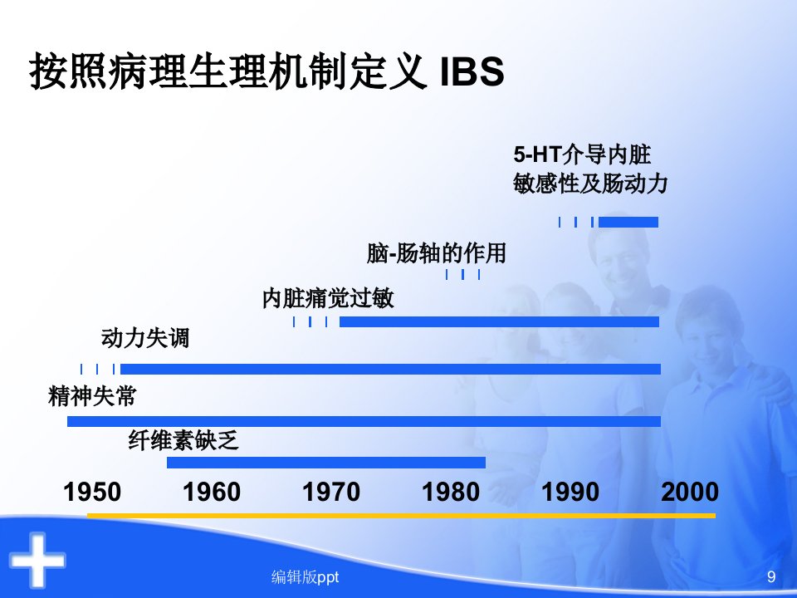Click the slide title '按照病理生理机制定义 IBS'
[266, 71]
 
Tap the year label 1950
[92, 493]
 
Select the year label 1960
[212, 493]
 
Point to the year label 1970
[331, 493]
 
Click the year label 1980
[451, 493]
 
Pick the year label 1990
[570, 493]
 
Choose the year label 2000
[690, 493]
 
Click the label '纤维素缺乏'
[183, 440]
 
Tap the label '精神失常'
[92, 396]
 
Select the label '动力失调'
[145, 338]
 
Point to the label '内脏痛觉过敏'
[329, 298]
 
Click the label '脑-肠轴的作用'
[436, 252]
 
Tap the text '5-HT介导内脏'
[582, 154]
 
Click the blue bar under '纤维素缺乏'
[326, 463]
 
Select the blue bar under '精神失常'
[364, 421]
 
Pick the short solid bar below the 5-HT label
[628, 223]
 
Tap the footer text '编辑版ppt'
[305, 577]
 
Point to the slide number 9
[771, 576]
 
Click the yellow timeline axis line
[402, 516]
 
